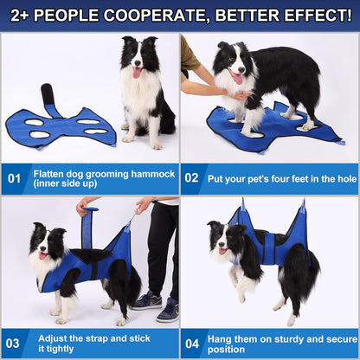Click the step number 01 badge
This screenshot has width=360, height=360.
[x=15, y=180]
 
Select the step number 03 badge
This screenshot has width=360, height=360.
[x=15, y=343]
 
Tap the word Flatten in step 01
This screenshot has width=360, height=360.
[x=49, y=174]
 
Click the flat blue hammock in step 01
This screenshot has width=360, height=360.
[x=61, y=125]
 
